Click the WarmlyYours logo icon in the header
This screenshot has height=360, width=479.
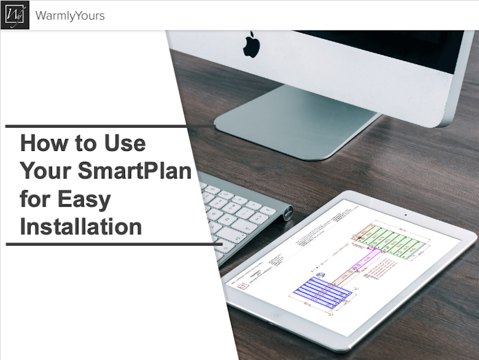(14, 15)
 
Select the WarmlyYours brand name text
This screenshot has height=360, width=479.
(70, 16)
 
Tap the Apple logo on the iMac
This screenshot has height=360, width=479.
(251, 46)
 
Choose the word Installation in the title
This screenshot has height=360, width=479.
(81, 227)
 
